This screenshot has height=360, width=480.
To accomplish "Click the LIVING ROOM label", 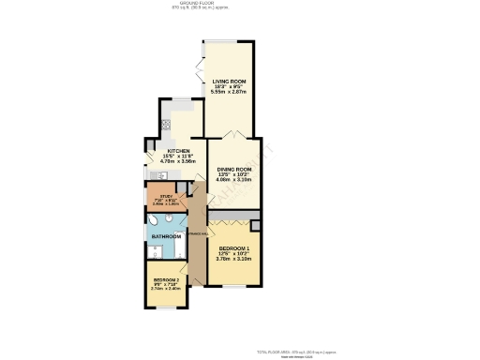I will (228, 81).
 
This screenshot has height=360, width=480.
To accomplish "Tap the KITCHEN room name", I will (178, 150).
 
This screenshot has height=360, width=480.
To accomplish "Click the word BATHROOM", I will (166, 236).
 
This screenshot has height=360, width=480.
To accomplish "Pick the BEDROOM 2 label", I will (166, 279).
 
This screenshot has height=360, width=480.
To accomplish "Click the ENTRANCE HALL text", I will (198, 233).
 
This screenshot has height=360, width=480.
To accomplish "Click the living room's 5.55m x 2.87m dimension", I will (228, 93).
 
